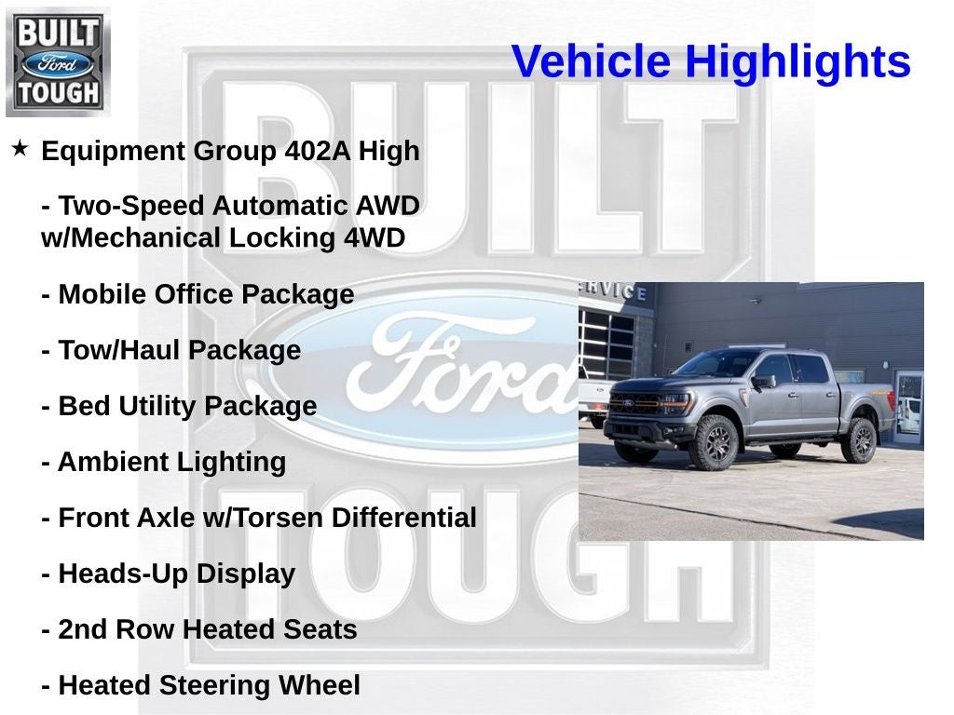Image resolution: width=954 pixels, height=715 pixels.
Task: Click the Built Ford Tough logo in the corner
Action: (x=58, y=61)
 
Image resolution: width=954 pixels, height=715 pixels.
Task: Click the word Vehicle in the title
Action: (x=591, y=62)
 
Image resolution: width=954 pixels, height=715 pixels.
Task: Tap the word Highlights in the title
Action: (x=797, y=62)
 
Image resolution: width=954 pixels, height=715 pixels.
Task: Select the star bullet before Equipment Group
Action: (x=20, y=149)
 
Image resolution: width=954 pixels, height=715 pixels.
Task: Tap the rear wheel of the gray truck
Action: (x=858, y=439)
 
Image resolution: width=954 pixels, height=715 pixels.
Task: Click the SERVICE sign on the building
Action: (x=616, y=290)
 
